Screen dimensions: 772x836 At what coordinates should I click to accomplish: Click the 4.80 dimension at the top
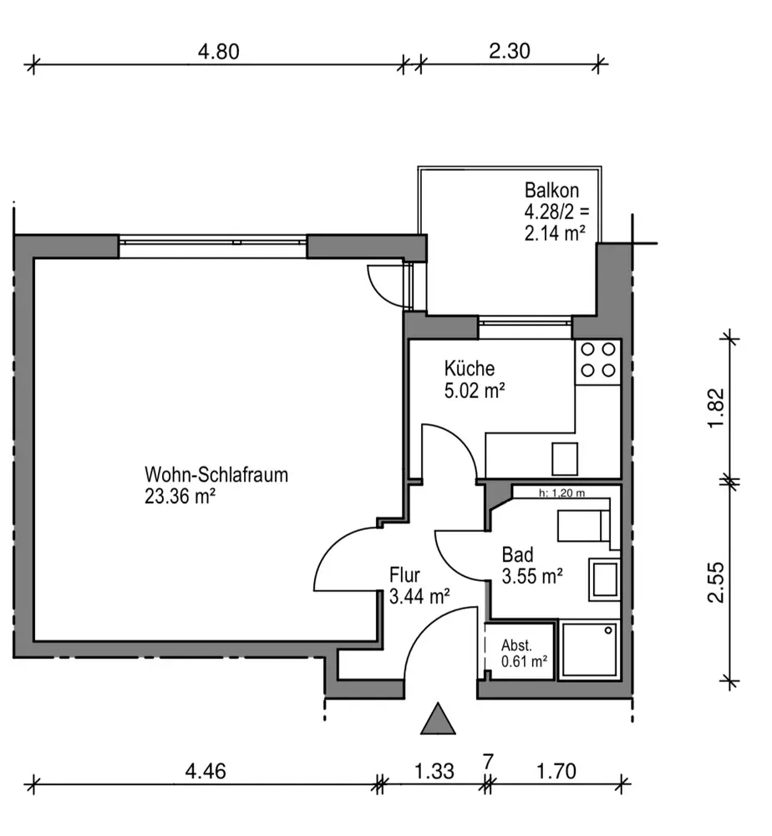[x=218, y=52]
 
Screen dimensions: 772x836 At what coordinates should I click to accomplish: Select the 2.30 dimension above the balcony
[x=510, y=51]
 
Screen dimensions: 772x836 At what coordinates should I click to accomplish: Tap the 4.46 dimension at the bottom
[x=206, y=771]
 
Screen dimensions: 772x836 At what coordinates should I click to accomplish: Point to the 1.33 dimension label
[x=434, y=771]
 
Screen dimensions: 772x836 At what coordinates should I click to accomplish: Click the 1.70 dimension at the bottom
[x=556, y=771]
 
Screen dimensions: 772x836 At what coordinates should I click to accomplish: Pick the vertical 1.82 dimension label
[x=716, y=407]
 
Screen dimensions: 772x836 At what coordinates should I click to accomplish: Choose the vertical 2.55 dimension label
[x=716, y=582]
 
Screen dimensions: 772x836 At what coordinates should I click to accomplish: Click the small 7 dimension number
[x=488, y=762]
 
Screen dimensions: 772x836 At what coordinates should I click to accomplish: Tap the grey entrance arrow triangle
[x=438, y=719]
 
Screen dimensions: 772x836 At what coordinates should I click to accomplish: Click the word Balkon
[x=551, y=191]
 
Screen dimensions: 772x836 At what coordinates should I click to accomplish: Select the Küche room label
[x=470, y=369]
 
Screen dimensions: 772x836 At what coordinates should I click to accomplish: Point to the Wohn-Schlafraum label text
[x=216, y=475]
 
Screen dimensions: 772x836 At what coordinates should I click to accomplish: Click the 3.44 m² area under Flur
[x=419, y=596]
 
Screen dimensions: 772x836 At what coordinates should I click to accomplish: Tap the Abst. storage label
[x=516, y=645]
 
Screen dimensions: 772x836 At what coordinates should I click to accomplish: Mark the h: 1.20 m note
[x=561, y=492]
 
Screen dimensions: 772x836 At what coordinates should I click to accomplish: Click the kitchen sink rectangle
[x=565, y=458]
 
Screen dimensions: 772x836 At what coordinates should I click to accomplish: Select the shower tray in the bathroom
[x=589, y=650]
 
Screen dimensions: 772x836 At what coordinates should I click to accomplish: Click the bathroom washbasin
[x=604, y=579]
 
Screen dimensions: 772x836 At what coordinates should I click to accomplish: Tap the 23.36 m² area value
[x=180, y=497]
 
